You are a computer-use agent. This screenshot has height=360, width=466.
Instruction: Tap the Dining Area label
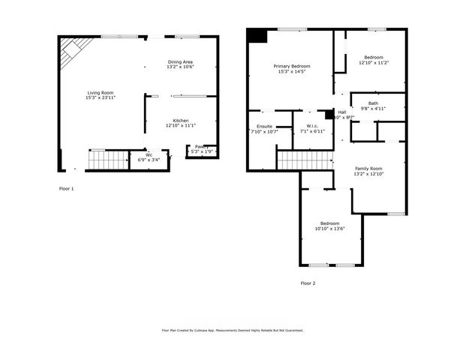coord(181,61)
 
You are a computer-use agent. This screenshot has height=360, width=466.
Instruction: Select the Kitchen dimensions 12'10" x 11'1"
coord(181,125)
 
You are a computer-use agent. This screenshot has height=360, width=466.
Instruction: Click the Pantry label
coord(201,146)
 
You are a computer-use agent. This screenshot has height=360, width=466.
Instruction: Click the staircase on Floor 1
coord(108,160)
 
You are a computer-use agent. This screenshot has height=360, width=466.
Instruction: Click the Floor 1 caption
coord(67,188)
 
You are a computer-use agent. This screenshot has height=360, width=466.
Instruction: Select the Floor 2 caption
coord(308,283)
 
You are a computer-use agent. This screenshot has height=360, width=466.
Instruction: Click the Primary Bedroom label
coord(291,67)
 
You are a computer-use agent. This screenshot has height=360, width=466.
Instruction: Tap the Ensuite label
coord(264,126)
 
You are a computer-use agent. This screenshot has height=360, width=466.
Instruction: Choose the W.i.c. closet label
coord(306,126)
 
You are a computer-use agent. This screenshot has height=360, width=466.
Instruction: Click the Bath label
coord(373,103)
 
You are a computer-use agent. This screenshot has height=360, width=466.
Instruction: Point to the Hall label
coord(341,112)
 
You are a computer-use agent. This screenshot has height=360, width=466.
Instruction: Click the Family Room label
coord(368,168)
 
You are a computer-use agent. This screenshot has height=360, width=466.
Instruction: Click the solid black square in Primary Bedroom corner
coord(257,35)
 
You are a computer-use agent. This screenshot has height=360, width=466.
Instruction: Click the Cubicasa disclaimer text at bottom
coord(233,330)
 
